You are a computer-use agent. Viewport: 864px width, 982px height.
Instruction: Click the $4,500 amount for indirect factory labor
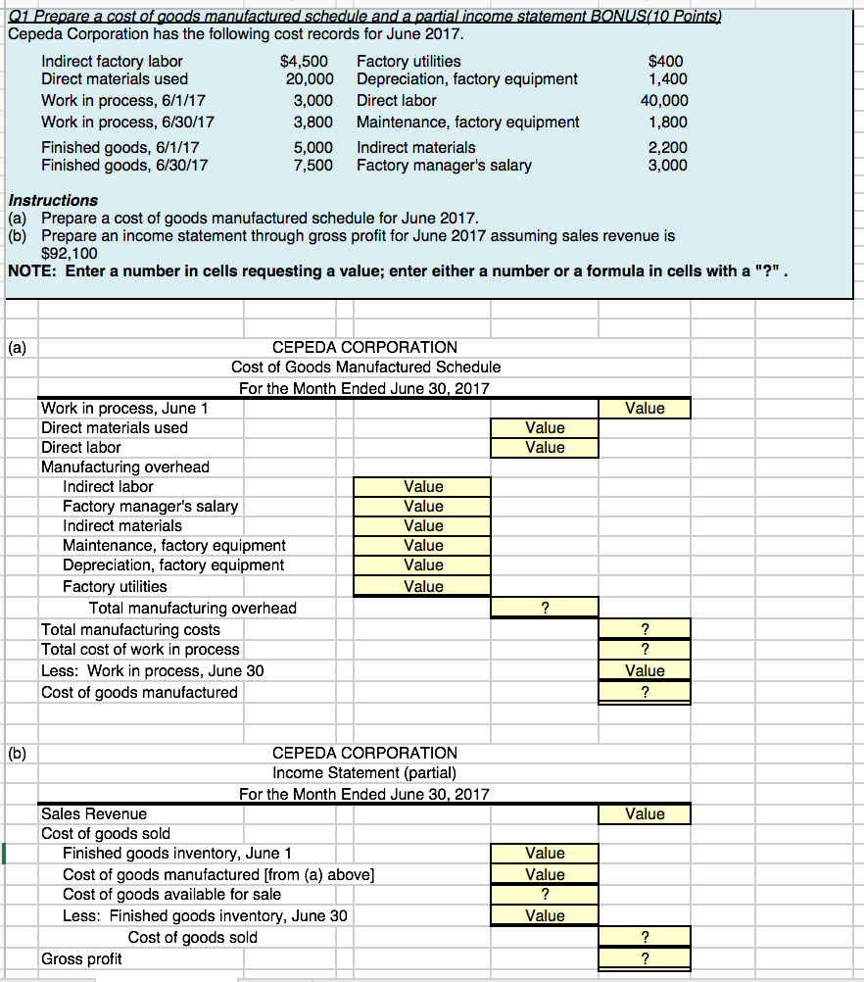[305, 61]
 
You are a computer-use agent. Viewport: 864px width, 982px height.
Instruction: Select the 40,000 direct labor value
[663, 100]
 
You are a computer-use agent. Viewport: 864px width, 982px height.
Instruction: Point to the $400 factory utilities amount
[670, 61]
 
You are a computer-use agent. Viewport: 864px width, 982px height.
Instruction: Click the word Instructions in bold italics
[53, 200]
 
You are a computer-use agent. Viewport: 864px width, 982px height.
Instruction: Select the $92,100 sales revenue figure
[70, 252]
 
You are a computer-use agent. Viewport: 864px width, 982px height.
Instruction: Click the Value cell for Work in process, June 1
[644, 409]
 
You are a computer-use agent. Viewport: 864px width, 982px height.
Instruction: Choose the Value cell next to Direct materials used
[545, 428]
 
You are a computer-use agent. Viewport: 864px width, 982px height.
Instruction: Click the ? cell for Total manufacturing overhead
[545, 609]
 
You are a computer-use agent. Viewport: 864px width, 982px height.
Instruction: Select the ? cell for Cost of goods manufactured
[644, 692]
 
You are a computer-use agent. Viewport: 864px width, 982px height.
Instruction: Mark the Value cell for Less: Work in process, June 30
[644, 671]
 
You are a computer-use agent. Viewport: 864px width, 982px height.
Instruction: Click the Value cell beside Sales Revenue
[644, 814]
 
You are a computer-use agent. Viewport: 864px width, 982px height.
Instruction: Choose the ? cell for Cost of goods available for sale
[545, 895]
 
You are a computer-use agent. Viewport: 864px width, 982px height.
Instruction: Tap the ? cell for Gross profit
[644, 958]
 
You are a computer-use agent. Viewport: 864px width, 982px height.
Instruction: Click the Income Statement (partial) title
[364, 773]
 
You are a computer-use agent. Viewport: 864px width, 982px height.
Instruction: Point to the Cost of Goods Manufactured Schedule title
[365, 367]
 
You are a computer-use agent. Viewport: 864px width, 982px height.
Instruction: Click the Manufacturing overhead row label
[125, 467]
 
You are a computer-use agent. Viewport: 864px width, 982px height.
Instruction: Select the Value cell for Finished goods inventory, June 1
[545, 854]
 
